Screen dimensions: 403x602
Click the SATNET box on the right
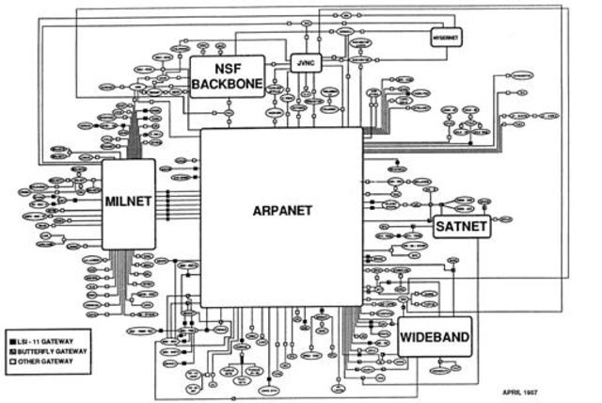coord(462,226)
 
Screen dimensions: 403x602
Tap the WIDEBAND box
coord(434,335)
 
